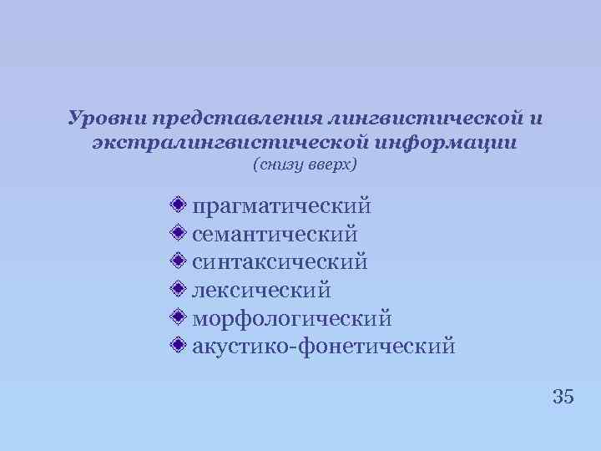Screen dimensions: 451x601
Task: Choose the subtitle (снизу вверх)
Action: point(304,165)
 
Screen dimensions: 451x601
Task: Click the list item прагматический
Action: point(281,205)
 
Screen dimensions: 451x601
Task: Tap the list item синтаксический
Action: point(280,261)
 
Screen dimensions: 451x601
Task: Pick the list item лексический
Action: point(261,290)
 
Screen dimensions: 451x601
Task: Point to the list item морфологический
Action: point(291,318)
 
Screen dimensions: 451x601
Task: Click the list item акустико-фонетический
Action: point(324,346)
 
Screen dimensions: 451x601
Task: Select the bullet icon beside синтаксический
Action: point(176,261)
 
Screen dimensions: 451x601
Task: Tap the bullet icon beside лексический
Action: point(176,289)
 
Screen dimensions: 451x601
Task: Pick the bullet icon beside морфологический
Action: point(176,317)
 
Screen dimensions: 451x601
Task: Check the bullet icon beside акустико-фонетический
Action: point(176,345)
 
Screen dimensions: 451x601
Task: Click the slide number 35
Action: point(563,397)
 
